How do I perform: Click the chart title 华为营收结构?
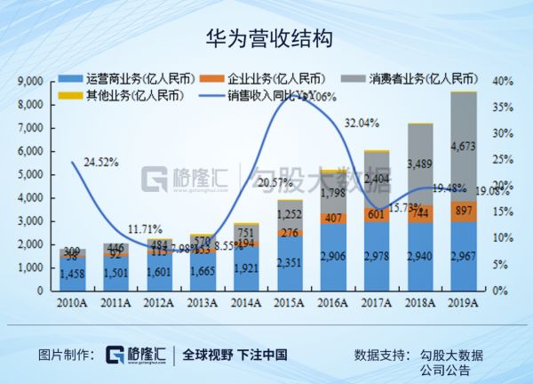pos(267,38)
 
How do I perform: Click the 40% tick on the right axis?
pos(503,81)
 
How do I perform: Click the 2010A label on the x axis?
pos(73,304)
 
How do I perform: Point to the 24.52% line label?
pos(100,163)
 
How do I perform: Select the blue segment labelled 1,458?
pos(73,273)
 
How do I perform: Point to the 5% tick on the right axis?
pos(501,264)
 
